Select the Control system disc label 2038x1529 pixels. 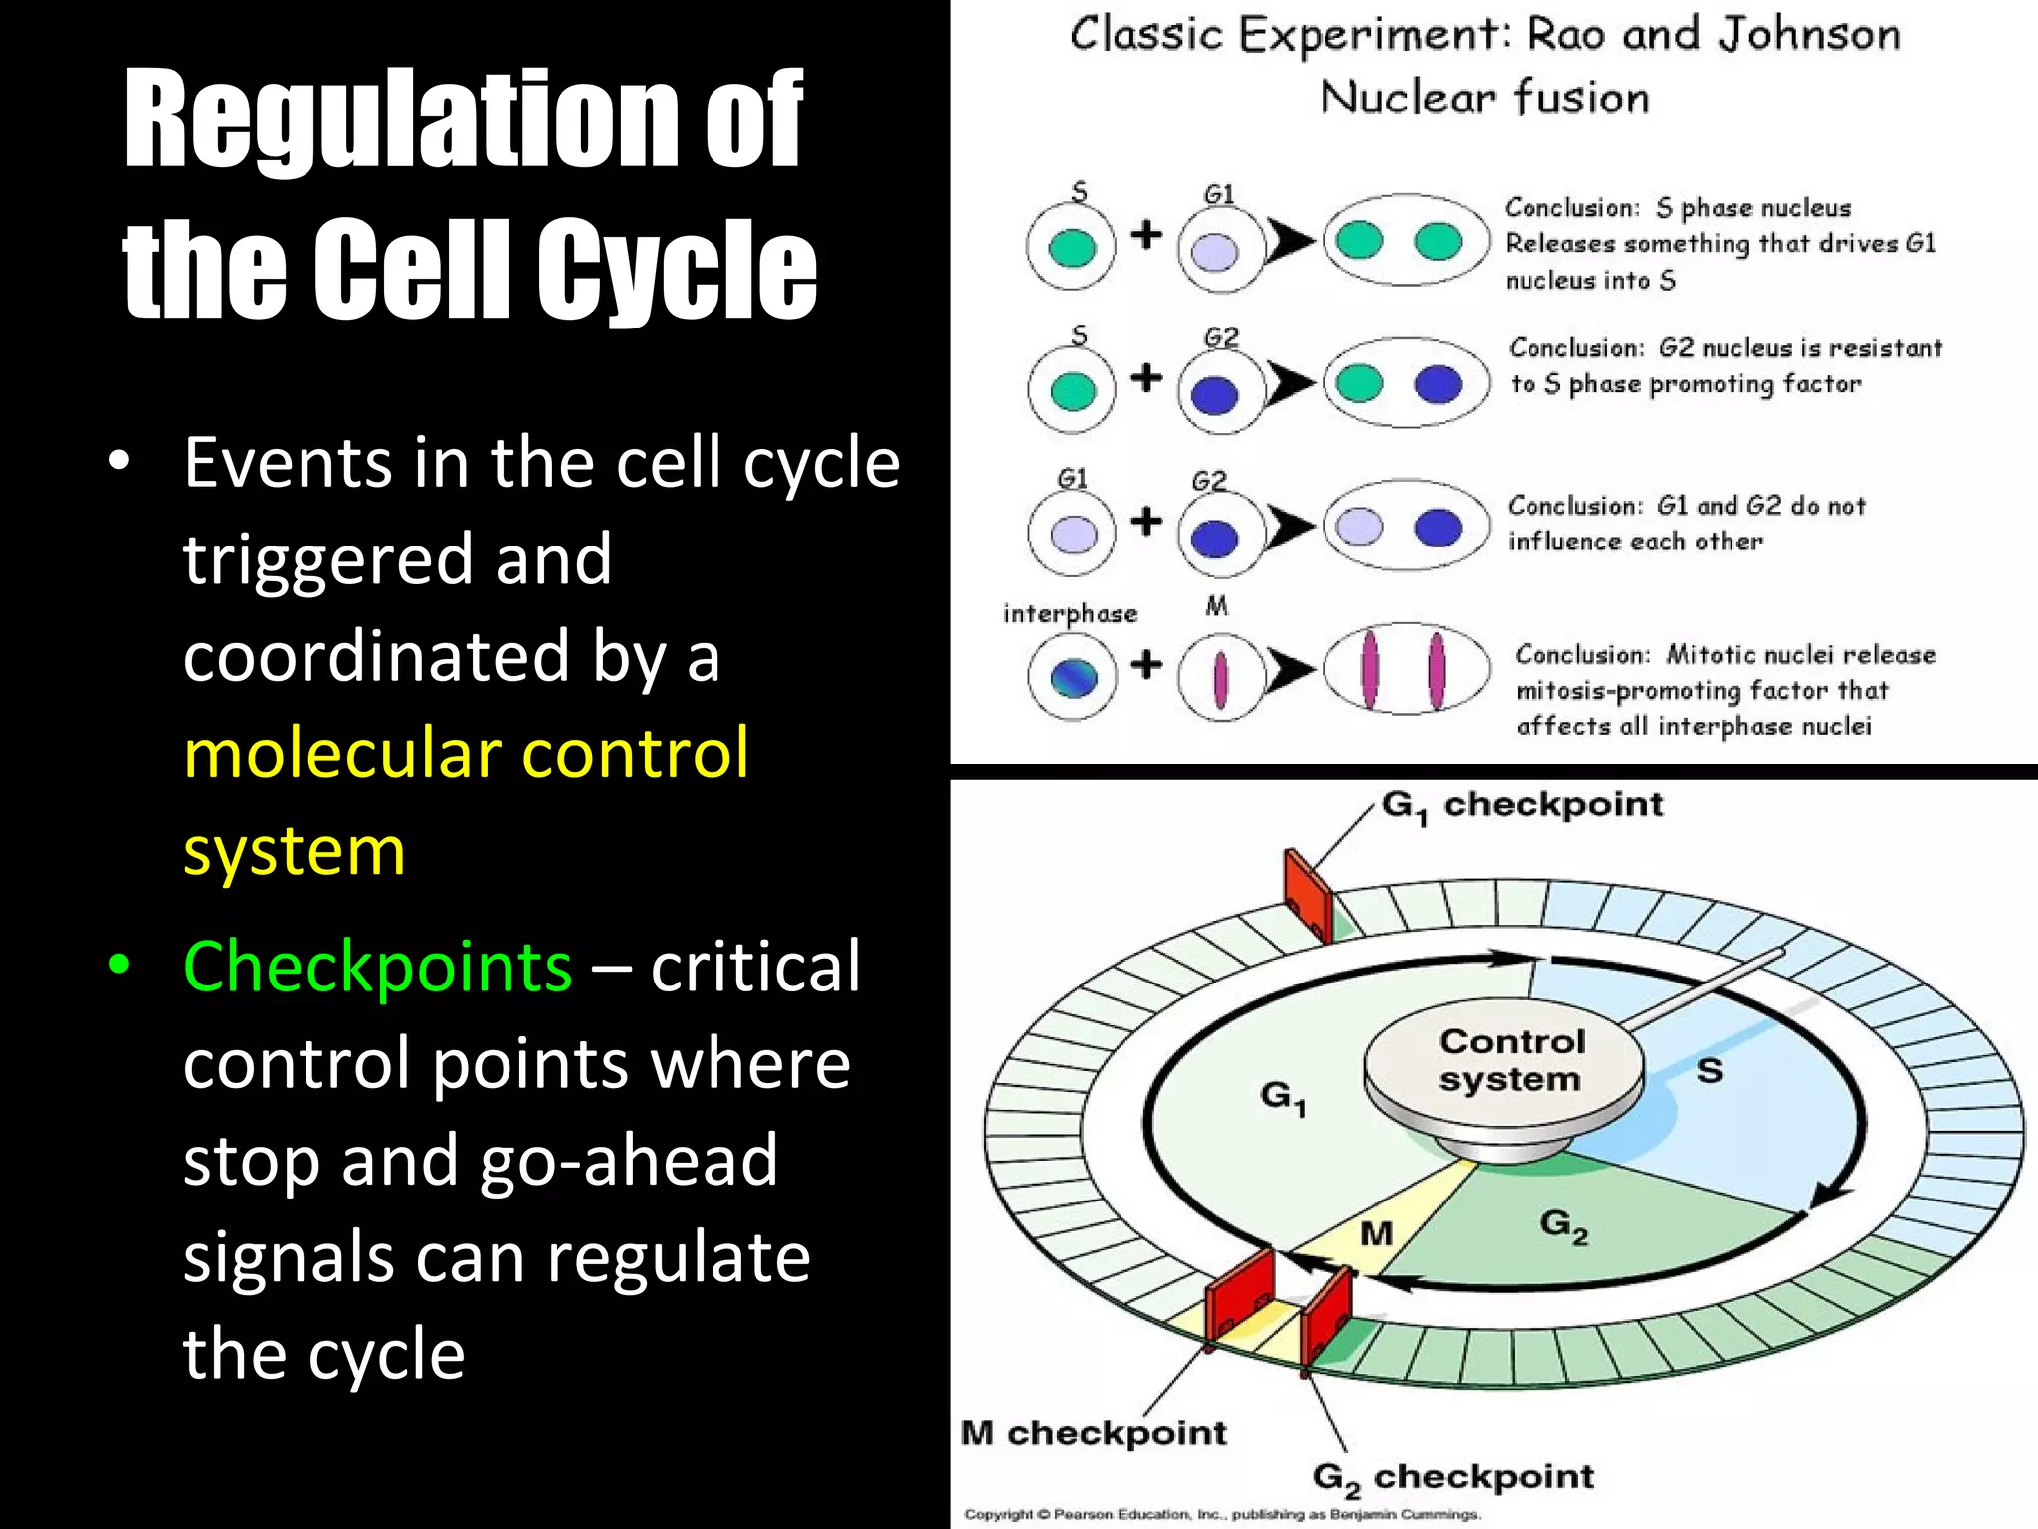pos(1510,1061)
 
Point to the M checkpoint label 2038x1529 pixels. pos(1093,1433)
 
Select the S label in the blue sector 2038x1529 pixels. pos(1709,1071)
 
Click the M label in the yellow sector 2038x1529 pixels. pos(1376,1234)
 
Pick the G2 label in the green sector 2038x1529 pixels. pos(1563,1225)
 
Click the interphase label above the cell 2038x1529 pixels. pos(1070,613)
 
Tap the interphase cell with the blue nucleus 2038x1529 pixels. pos(1072,677)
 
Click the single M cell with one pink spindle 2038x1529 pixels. pos(1220,678)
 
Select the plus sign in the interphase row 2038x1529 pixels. pos(1146,664)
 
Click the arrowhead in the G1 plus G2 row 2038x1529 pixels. pos(1289,529)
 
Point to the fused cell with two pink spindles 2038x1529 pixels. pos(1404,670)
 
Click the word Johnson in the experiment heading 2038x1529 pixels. pos(1809,35)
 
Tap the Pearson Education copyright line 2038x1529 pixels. pos(1222,1514)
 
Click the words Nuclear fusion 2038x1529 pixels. pos(1484,98)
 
